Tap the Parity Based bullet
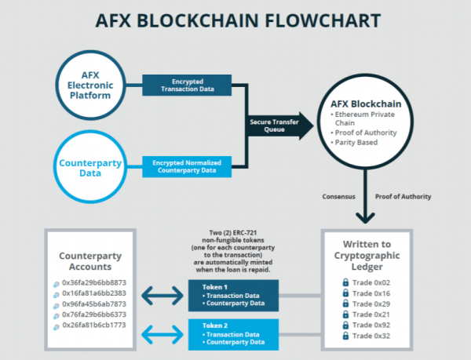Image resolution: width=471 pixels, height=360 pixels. click(x=358, y=142)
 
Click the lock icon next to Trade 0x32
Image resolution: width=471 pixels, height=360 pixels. click(x=345, y=335)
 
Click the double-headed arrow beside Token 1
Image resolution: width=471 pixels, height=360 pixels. click(x=160, y=296)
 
